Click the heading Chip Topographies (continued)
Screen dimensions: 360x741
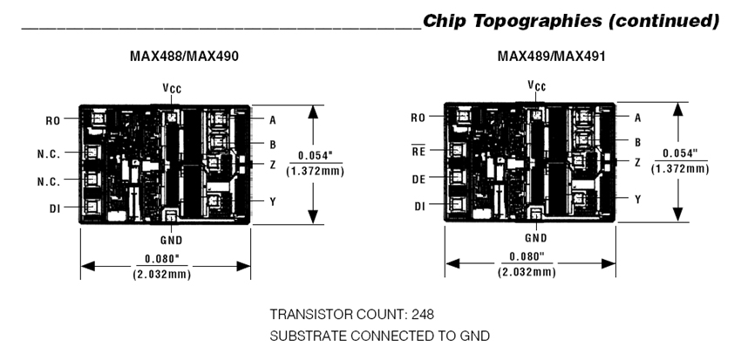coord(570,19)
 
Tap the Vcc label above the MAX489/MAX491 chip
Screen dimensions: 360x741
coord(537,85)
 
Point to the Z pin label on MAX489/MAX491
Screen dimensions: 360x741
coord(638,162)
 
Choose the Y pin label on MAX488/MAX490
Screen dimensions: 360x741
coord(273,200)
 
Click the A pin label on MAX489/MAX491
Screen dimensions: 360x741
coord(637,116)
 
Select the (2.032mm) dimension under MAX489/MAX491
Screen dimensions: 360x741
coord(527,272)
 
